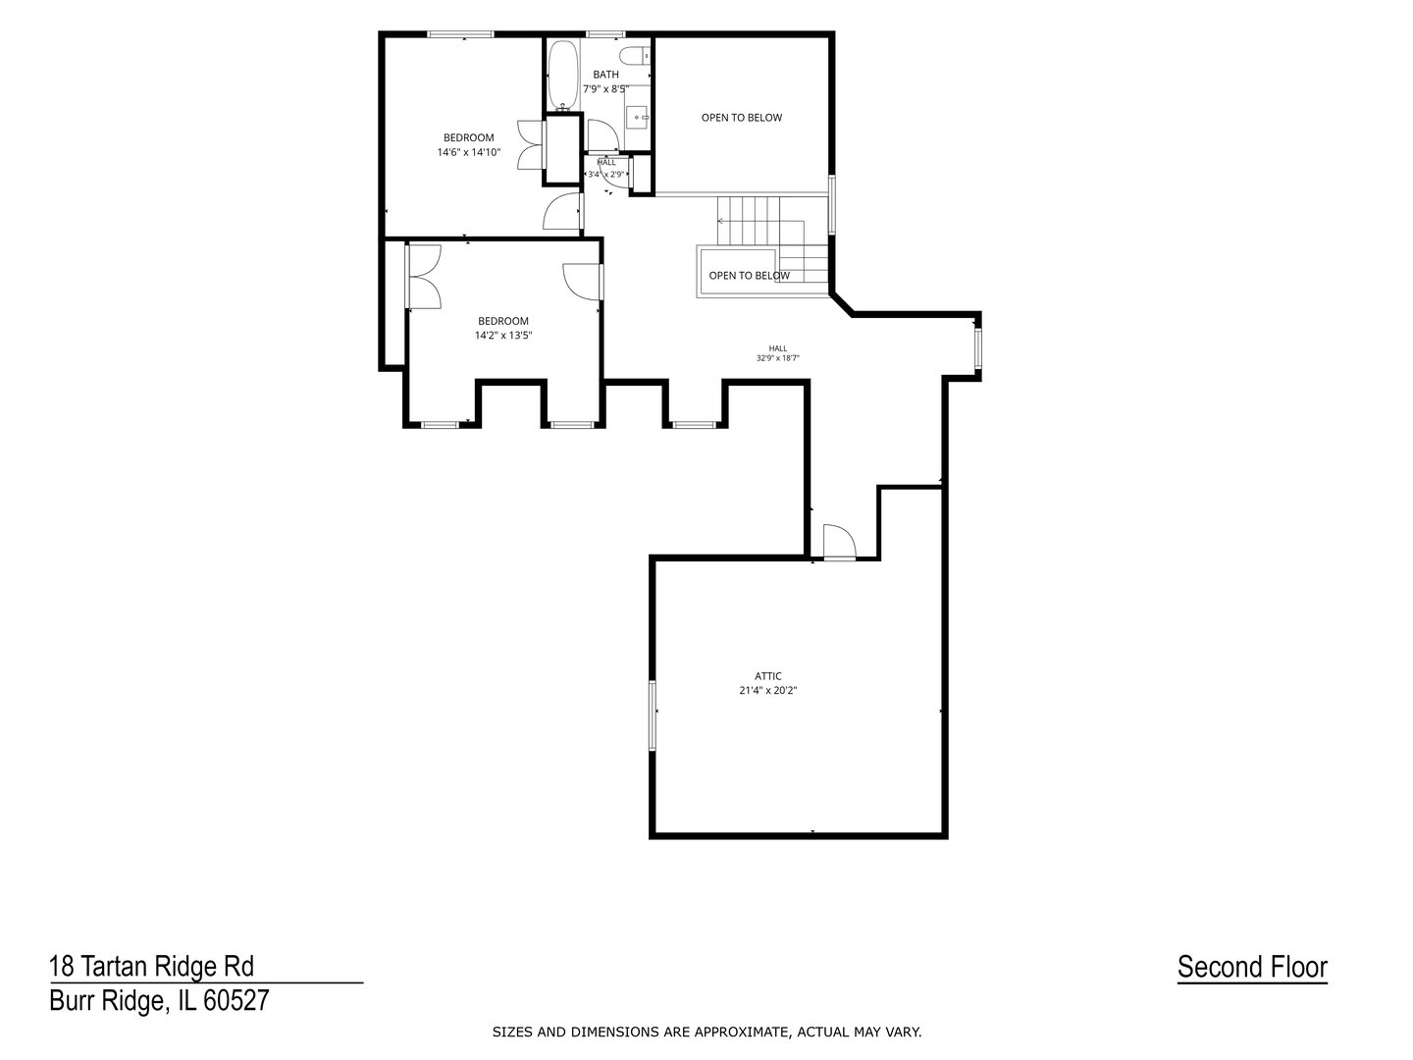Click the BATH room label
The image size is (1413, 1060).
coord(605,75)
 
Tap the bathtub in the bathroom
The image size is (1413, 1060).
coord(563,76)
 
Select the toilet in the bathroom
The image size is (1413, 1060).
coord(637,56)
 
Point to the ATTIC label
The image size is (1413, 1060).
coord(768,676)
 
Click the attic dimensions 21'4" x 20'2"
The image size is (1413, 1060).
coord(768,691)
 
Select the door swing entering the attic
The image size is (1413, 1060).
coord(839,541)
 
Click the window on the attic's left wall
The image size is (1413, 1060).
coord(653,715)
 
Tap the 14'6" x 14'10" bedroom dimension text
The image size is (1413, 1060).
coord(469,152)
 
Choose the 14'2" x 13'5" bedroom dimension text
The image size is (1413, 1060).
coord(503,336)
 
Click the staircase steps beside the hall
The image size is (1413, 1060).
coord(772,239)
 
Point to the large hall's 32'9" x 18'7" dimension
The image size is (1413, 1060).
coord(777,358)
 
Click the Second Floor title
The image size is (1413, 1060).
coord(1252,968)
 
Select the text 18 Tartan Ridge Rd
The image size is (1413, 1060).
coord(152,966)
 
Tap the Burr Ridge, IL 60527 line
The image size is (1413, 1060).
coord(160,1001)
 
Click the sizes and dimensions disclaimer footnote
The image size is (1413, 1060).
coord(706,1033)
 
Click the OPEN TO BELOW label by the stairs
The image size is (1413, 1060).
coord(750,276)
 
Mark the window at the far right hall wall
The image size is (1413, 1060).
coord(977,348)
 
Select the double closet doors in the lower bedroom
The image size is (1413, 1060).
coord(424,277)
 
